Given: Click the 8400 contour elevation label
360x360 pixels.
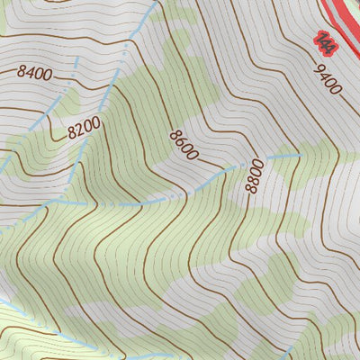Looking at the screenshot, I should [x=34, y=73].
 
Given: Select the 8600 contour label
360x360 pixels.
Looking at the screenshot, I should [x=183, y=144].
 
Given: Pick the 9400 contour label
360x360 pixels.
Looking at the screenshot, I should [x=328, y=79].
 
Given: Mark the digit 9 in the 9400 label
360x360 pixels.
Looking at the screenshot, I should [x=319, y=67].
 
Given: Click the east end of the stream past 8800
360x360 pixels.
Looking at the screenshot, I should [x=297, y=155].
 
